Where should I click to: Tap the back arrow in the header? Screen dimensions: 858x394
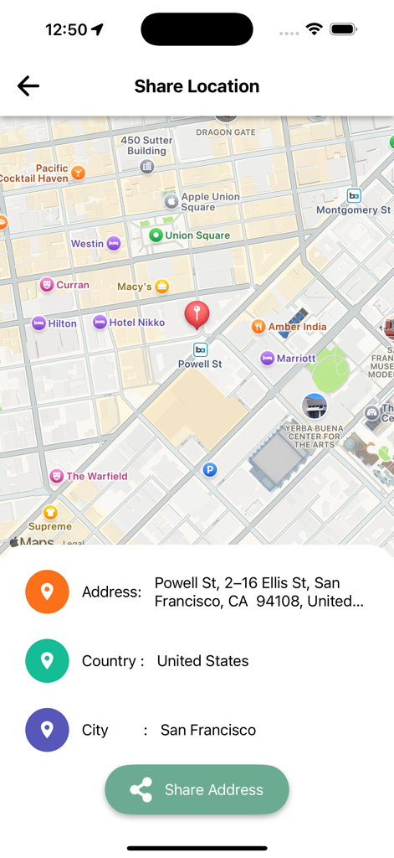point(28,85)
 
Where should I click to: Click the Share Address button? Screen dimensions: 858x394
point(197,789)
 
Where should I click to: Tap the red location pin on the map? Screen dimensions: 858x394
point(197,315)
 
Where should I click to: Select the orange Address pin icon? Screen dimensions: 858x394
point(47,592)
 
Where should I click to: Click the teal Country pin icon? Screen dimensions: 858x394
point(47,660)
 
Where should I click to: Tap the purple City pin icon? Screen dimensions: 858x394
point(47,729)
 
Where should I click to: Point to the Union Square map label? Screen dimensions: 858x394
point(197,235)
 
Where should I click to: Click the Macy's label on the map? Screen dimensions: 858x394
point(135,287)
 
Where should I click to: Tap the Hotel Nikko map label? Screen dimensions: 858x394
point(136,323)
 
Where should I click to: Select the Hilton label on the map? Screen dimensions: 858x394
point(62,323)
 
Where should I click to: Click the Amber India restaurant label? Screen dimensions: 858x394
point(297,327)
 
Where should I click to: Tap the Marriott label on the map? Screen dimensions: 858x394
point(296,359)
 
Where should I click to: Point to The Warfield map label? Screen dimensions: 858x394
point(96,476)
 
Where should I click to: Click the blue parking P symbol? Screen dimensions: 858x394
point(210,470)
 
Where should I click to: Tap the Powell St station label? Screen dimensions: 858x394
point(200,364)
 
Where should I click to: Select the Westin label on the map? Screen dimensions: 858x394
point(87,244)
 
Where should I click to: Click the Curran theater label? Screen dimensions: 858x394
point(73,285)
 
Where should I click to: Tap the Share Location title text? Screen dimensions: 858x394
point(197,85)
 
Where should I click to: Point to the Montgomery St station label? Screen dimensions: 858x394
point(353,209)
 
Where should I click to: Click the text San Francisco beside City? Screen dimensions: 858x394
point(208,730)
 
